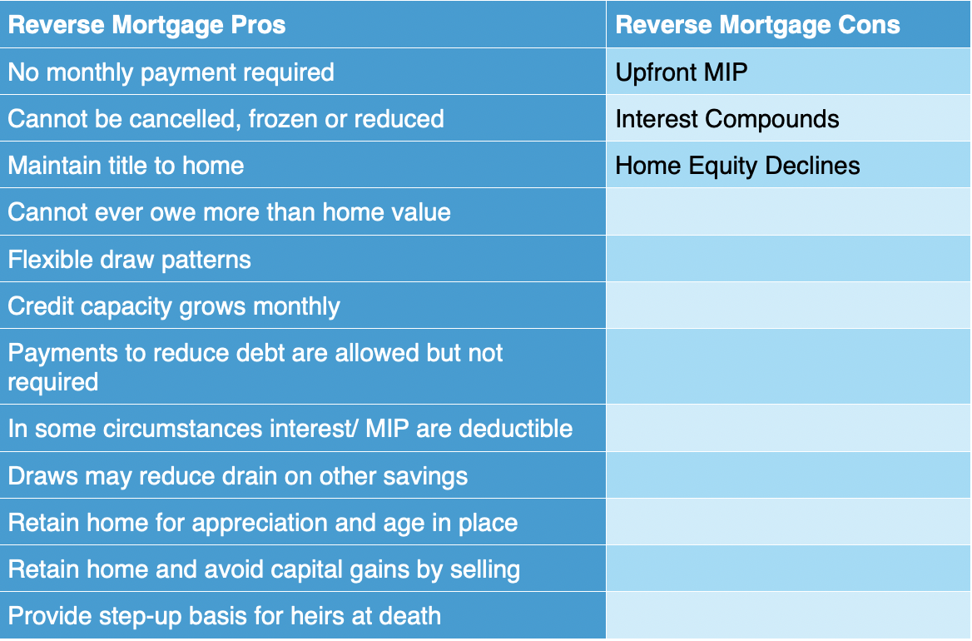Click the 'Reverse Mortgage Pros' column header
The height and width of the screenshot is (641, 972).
pyautogui.click(x=147, y=25)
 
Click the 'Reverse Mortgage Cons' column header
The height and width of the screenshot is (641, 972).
pyautogui.click(x=757, y=25)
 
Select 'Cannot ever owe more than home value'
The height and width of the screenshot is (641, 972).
pyautogui.click(x=230, y=212)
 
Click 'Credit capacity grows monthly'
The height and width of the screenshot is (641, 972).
pyautogui.click(x=174, y=306)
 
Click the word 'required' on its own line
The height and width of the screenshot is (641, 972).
pyautogui.click(x=53, y=382)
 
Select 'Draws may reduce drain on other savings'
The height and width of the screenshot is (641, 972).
pyautogui.click(x=238, y=476)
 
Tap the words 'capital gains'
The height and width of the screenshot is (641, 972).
pyautogui.click(x=340, y=569)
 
